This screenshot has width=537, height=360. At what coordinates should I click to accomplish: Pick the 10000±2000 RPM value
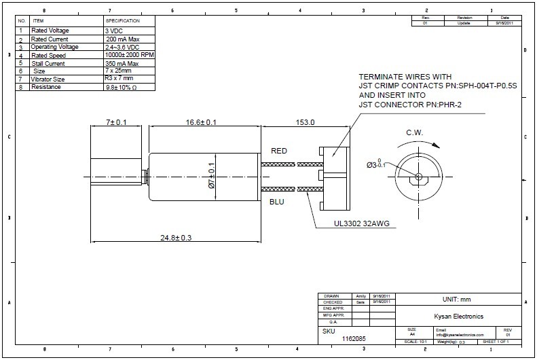(x=128, y=55)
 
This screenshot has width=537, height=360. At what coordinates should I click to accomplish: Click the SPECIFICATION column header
(x=122, y=21)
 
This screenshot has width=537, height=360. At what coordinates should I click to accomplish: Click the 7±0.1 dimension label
(x=107, y=122)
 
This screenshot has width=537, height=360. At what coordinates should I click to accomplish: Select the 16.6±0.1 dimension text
(x=202, y=122)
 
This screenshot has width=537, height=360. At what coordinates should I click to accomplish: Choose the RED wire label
(x=279, y=150)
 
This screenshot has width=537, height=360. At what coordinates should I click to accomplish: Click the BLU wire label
(x=277, y=202)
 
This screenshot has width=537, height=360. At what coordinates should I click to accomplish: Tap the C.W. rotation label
(x=416, y=132)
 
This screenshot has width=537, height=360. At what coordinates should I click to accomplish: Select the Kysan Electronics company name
(x=458, y=315)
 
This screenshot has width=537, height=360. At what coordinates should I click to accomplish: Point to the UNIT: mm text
(x=456, y=299)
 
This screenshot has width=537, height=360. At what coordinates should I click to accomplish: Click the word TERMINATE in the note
(x=382, y=77)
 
